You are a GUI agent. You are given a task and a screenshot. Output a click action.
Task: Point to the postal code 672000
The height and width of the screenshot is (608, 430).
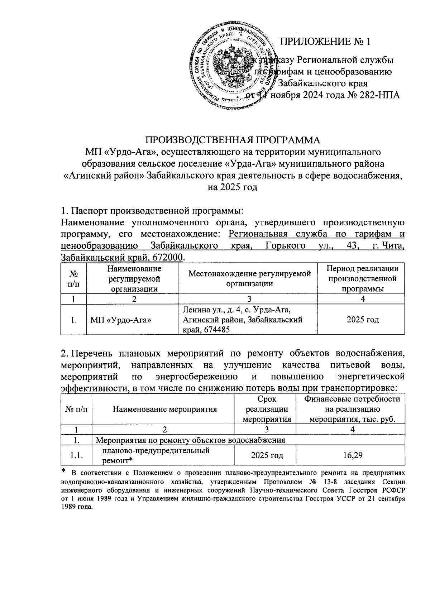169,257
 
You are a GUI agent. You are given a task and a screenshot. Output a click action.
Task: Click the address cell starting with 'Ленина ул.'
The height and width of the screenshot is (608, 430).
242,319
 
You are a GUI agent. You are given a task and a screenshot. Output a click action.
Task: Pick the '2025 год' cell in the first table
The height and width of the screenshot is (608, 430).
363,320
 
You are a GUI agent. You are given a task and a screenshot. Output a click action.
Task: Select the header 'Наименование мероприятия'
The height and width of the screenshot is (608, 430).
165,409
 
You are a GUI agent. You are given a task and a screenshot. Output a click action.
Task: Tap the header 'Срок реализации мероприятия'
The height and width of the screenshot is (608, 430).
267,409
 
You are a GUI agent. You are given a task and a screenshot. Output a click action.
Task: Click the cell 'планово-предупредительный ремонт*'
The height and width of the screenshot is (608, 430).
156,455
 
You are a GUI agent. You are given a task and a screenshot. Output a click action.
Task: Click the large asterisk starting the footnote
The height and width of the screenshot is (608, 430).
64,470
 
